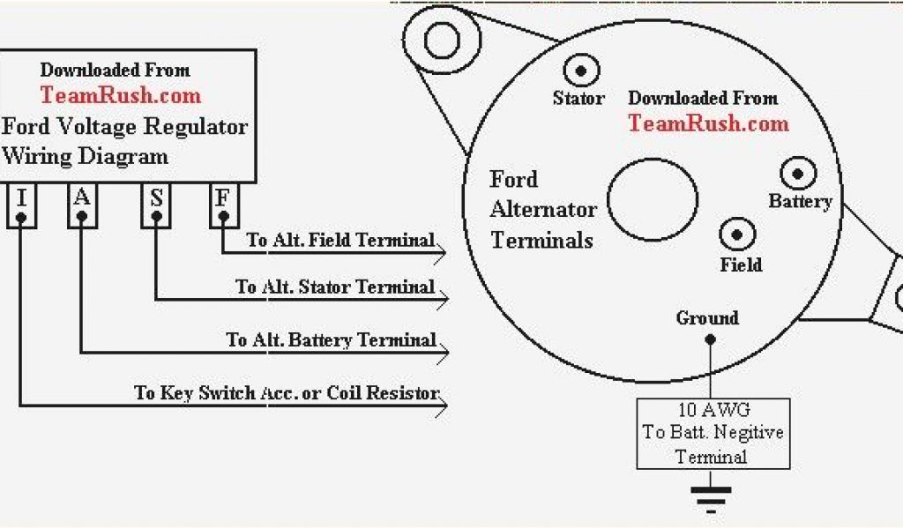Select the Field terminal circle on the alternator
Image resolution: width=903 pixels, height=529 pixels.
[737, 235]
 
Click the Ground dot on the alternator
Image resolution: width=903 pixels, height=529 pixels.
[709, 339]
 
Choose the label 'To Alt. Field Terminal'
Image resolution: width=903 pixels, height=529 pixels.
[340, 240]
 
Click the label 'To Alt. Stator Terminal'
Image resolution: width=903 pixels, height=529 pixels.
[335, 287]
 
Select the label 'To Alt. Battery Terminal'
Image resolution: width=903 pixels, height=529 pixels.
[331, 339]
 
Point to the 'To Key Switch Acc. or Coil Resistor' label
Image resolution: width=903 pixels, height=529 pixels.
[287, 392]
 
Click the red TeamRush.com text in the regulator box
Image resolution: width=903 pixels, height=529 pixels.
[120, 95]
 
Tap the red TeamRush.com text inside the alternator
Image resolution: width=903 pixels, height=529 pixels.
[708, 123]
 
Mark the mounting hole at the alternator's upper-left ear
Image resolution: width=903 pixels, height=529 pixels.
[442, 40]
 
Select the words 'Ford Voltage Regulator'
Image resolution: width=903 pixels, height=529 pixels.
[124, 126]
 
